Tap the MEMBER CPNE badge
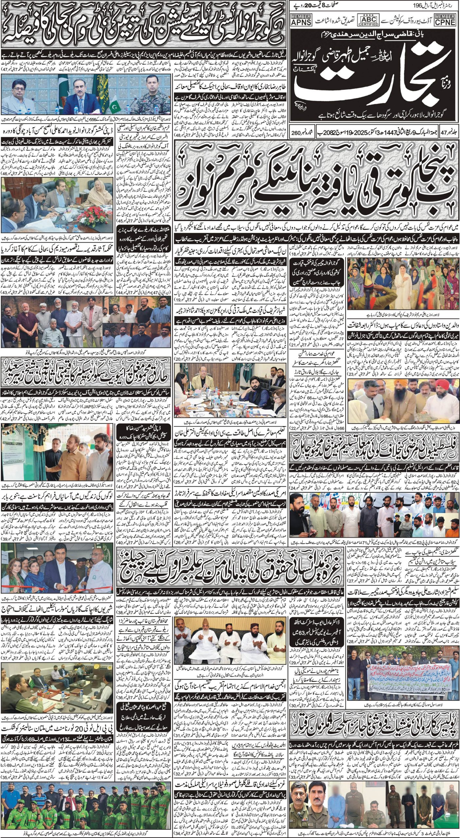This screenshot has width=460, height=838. click(445, 20)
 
